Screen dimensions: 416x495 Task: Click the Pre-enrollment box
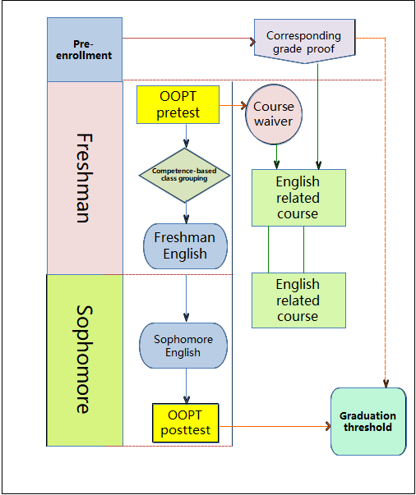(85, 49)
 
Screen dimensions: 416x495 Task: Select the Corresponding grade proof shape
(305, 41)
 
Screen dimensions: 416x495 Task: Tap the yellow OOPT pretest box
(178, 104)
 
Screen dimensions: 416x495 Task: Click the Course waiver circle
(274, 114)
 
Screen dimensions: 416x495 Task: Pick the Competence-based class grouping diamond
(185, 175)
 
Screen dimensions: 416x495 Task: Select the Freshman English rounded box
(186, 246)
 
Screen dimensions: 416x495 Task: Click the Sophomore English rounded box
(183, 346)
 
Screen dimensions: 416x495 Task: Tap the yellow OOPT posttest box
(186, 423)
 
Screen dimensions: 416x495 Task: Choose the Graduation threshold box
(368, 421)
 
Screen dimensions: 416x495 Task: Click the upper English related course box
(298, 198)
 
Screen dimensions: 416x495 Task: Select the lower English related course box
(298, 300)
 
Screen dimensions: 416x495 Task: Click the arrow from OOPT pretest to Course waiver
(233, 105)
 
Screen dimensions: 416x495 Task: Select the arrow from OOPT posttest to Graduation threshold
(275, 427)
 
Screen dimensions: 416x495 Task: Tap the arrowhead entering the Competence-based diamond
(186, 144)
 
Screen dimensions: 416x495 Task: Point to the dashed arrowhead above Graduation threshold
(386, 383)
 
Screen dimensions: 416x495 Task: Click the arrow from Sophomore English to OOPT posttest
(187, 386)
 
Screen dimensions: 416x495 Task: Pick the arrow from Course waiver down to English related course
(276, 157)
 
